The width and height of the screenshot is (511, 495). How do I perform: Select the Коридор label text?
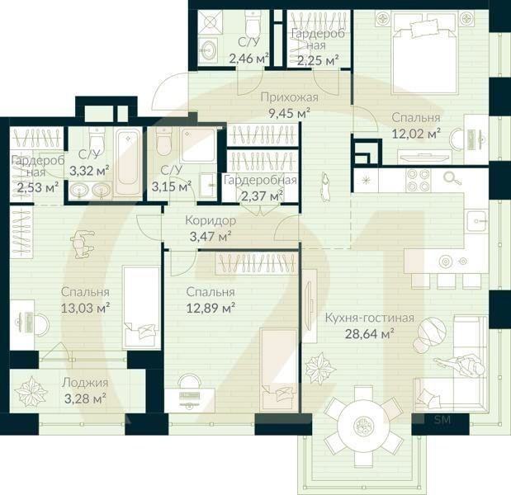tap(211, 221)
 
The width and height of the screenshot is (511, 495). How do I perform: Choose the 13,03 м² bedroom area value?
tap(86, 307)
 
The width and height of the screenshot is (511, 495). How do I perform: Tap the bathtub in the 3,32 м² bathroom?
tap(127, 158)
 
